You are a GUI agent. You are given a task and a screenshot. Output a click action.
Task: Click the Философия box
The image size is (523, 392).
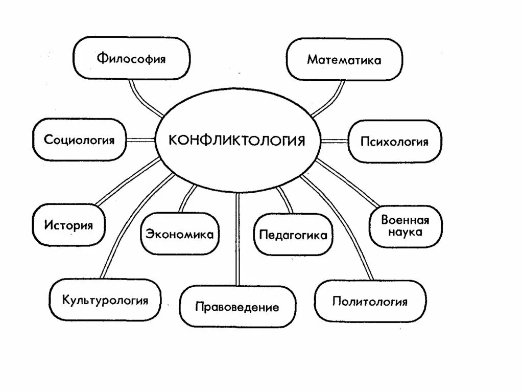click(132, 58)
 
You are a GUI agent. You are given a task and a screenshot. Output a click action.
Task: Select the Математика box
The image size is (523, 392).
click(344, 60)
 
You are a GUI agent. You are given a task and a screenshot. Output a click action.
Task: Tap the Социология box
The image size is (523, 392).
click(79, 140)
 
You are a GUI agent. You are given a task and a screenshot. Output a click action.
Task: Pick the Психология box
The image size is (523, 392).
click(394, 142)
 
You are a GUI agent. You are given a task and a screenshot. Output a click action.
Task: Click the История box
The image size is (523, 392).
click(68, 225)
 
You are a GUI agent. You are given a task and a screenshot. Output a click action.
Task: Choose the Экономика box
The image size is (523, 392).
click(180, 234)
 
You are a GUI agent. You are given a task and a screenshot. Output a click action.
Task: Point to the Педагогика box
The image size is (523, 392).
click(293, 235)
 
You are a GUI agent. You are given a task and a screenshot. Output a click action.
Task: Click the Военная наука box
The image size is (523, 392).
click(405, 226)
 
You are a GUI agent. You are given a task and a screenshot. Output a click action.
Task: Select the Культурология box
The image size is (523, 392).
click(105, 299)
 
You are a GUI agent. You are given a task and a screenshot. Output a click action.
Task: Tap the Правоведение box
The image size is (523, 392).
click(237, 307)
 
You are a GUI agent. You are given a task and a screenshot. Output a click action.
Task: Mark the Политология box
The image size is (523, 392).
click(370, 301)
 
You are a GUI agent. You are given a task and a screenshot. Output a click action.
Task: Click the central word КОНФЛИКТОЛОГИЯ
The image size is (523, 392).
click(237, 140)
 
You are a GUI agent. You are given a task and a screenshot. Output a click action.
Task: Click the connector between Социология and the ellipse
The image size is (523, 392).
click(140, 140)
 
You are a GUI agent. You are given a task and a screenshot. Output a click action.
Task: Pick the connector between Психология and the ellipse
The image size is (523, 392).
click(334, 141)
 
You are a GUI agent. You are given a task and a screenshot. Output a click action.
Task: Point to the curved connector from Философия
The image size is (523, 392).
click(140, 97)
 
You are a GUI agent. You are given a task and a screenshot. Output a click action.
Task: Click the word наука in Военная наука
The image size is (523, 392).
click(405, 233)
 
